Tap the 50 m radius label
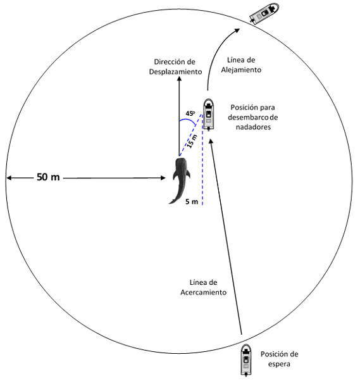(48, 177)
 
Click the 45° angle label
(190, 113)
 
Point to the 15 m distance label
(192, 141)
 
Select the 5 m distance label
(192, 202)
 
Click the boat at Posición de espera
(246, 360)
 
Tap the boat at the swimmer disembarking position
(208, 115)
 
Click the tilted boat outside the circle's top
(264, 13)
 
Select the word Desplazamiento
(175, 72)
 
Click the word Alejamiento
(241, 70)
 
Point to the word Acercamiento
(203, 292)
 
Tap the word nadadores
(253, 127)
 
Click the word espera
(279, 364)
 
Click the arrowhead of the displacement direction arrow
(179, 78)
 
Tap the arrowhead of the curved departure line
(237, 30)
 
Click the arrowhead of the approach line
(211, 141)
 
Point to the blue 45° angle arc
(187, 120)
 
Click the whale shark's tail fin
(173, 201)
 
